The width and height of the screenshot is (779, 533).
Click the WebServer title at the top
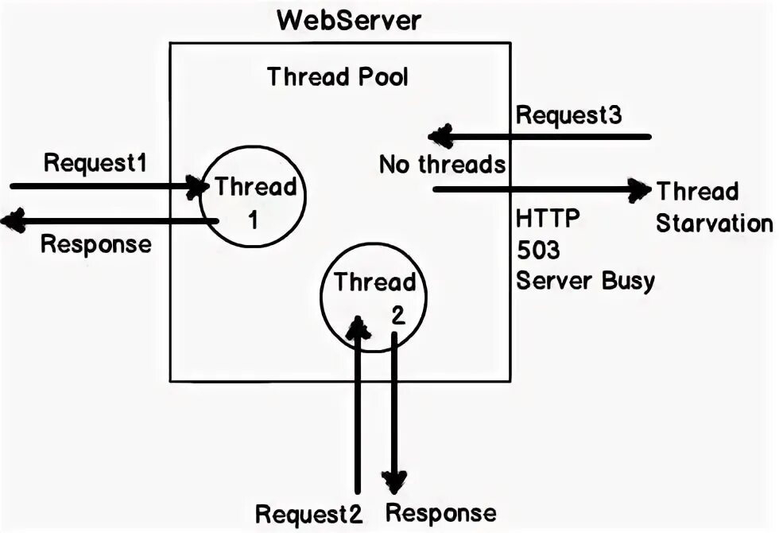click(x=349, y=21)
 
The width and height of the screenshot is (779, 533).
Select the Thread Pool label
click(x=338, y=77)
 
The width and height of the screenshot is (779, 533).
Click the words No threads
click(x=442, y=165)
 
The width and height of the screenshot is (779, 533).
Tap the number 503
click(x=538, y=250)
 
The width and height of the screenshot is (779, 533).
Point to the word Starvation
click(x=714, y=223)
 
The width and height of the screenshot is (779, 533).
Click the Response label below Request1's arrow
click(x=95, y=243)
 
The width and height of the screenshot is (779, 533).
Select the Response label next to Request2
click(x=440, y=513)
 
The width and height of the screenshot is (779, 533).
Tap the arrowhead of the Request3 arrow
click(x=440, y=137)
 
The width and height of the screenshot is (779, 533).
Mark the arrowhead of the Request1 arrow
click(x=196, y=187)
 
